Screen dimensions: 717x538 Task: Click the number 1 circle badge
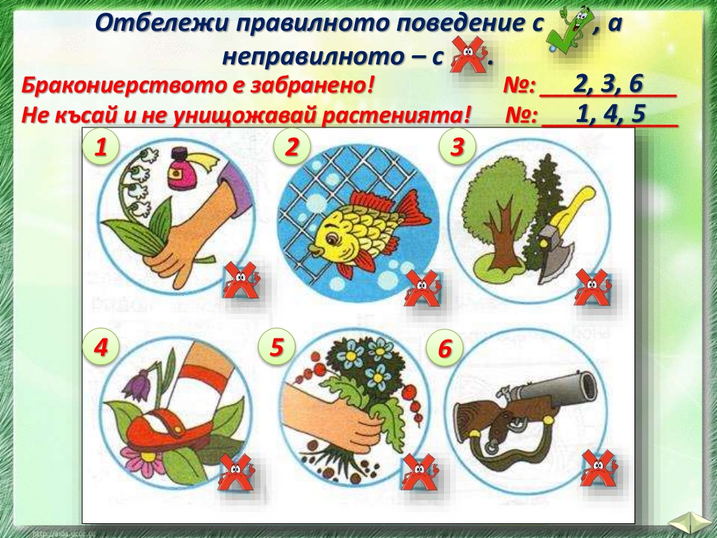click(x=101, y=147)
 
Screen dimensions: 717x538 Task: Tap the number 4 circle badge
click(x=101, y=347)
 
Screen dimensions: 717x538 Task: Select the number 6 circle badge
click(x=445, y=348)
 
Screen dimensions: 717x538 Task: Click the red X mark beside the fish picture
click(x=422, y=288)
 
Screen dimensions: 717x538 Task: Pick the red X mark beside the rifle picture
click(x=599, y=468)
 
